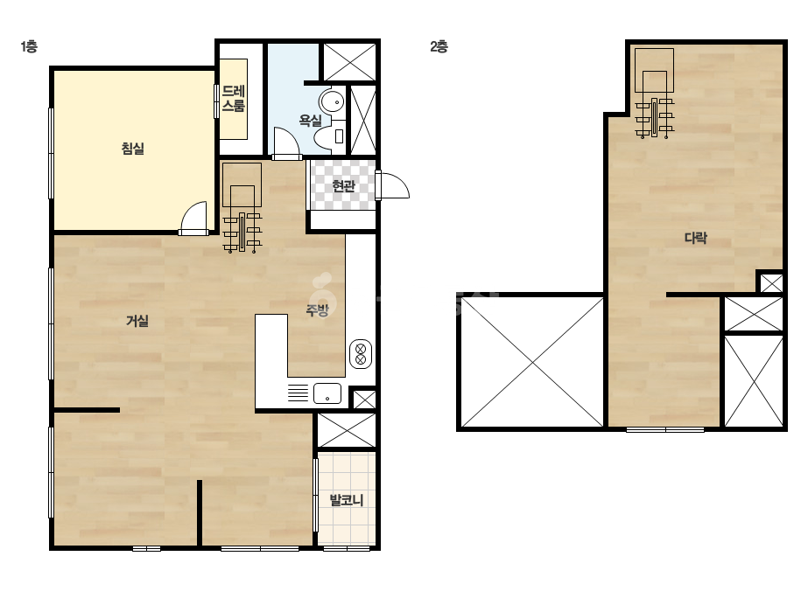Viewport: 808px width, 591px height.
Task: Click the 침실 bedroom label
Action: tap(132, 149)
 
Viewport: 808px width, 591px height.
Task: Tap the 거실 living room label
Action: tap(137, 321)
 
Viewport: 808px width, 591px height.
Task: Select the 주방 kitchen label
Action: tap(317, 309)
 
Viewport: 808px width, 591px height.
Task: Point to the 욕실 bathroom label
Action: tap(310, 121)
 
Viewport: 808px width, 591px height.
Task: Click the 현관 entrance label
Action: tap(343, 185)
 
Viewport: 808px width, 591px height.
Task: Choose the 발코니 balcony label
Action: tap(347, 499)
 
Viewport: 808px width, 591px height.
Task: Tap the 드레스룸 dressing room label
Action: tap(234, 99)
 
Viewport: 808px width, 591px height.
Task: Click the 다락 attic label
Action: tap(696, 237)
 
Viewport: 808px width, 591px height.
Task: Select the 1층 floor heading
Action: tap(29, 47)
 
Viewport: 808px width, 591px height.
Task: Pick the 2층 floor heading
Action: tap(439, 47)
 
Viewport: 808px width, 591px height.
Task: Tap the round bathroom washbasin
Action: tap(332, 101)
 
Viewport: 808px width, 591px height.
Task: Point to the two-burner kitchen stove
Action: tap(361, 354)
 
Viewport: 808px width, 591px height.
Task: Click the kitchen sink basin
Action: tap(327, 393)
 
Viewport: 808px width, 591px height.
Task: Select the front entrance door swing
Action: tap(393, 185)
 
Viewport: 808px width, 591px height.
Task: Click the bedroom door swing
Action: tap(193, 218)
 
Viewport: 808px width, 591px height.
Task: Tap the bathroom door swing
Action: tap(286, 143)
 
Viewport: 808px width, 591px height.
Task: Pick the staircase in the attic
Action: tap(655, 94)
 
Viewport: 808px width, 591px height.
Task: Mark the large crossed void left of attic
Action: tap(532, 362)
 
